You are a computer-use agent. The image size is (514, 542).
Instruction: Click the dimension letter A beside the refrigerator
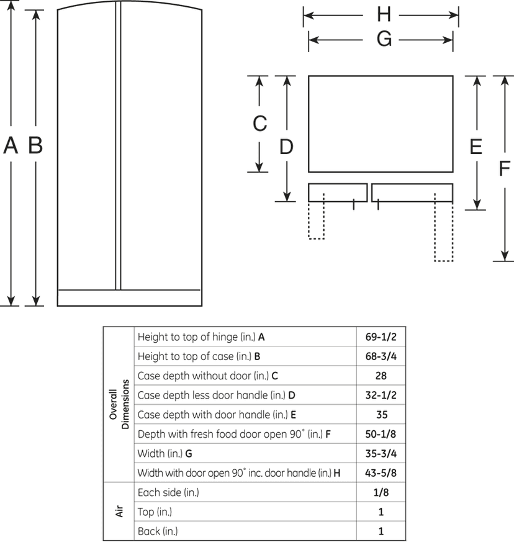pos(11,145)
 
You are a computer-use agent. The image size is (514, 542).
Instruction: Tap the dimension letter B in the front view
pos(35,145)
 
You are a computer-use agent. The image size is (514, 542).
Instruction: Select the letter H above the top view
pos(384,14)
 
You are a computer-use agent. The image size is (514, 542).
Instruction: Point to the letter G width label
pos(384,38)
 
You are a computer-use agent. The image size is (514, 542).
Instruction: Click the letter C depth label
pos(260,124)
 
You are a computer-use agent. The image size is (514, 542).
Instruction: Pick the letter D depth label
pos(286,147)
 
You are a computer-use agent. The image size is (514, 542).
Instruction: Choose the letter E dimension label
pos(476,147)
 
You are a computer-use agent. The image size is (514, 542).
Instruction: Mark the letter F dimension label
pos(505,169)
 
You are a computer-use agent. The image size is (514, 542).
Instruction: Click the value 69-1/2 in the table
pos(381,336)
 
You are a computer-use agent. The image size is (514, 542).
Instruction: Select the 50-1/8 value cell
pos(381,434)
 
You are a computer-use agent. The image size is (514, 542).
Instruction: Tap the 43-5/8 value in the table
pos(381,472)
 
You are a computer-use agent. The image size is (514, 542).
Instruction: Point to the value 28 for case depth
pos(381,376)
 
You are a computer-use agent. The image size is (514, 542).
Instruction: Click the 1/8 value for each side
pos(381,492)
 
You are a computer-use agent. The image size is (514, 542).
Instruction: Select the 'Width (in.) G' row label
pos(165,453)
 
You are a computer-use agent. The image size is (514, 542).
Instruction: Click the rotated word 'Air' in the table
pos(119,511)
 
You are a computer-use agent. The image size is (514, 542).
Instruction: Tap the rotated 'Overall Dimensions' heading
pos(119,404)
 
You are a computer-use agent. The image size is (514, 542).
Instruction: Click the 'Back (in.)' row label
pos(158,531)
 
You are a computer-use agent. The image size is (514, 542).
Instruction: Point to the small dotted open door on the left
pos(316,216)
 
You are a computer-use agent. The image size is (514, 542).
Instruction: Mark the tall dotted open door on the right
pos(444,227)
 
